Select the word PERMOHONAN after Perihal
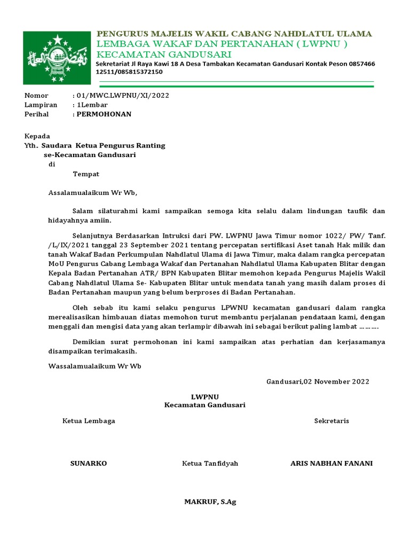pos(104,114)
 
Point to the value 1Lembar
pos(92,105)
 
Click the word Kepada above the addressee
pos(37,136)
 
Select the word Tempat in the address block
pos(86,174)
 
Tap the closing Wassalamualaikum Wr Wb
pos(94,366)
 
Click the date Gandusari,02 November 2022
pos(318,381)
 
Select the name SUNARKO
pos(89,463)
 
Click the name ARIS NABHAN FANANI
pos(332,463)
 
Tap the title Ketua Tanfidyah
pos(210,463)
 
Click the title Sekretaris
pos(332,421)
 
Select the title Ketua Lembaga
pos(89,421)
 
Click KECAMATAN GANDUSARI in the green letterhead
pos(163,54)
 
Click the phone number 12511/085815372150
pos(129,72)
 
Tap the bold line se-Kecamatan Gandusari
pos(90,155)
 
